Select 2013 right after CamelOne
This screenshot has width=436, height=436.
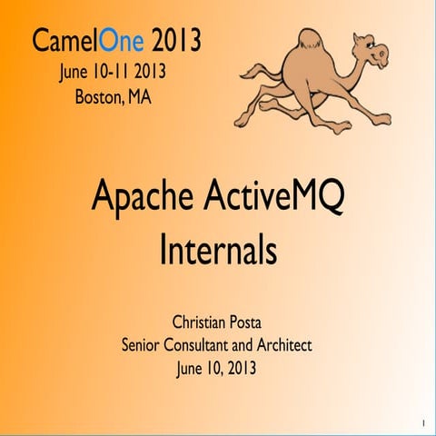pyautogui.click(x=176, y=41)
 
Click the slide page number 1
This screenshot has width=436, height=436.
pyautogui.click(x=423, y=424)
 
